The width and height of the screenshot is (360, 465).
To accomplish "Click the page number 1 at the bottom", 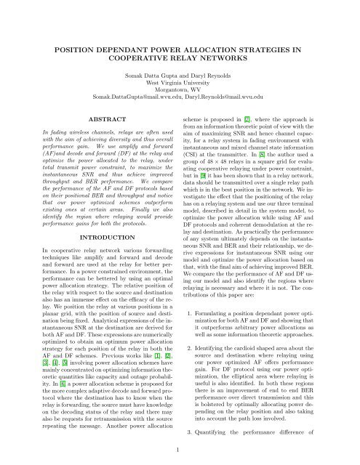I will click(x=180, y=450).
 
